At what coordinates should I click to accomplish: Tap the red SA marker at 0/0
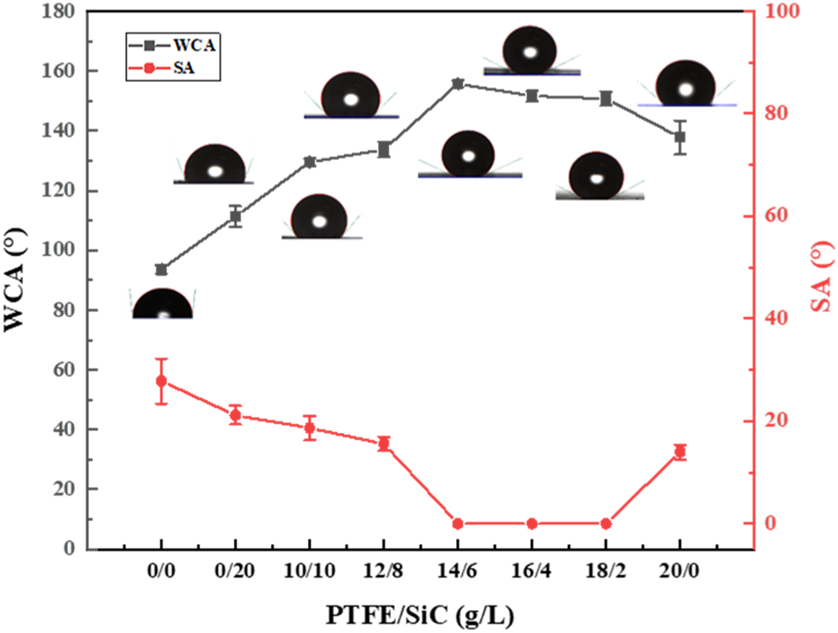coord(161,381)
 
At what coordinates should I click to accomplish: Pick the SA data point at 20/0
coord(680,452)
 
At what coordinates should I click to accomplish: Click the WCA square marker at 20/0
coord(680,137)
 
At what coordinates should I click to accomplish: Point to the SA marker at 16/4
coord(532,524)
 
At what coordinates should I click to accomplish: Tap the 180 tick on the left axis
coord(63,11)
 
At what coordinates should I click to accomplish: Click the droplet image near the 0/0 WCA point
coord(161,304)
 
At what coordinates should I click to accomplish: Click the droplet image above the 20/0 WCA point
coord(686,83)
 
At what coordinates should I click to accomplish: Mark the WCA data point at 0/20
coord(236,216)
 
